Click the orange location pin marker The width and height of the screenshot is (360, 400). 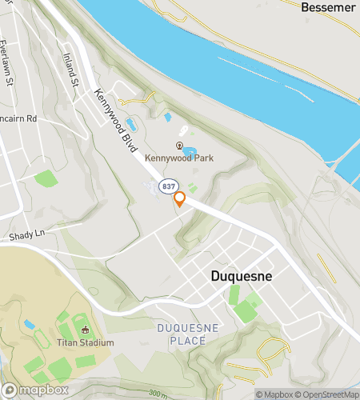pyautogui.click(x=180, y=199)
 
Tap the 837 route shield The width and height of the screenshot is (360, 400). pyautogui.click(x=167, y=186)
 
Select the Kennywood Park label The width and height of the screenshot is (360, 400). pyautogui.click(x=179, y=158)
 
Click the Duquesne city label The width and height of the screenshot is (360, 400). pyautogui.click(x=241, y=276)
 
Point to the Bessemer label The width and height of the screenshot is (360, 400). pyautogui.click(x=327, y=7)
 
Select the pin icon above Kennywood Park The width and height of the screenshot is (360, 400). pyautogui.click(x=179, y=145)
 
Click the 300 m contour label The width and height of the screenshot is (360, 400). pyautogui.click(x=159, y=394)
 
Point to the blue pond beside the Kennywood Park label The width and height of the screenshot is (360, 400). pyautogui.click(x=190, y=150)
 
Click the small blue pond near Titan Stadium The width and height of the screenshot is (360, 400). pyautogui.click(x=30, y=325)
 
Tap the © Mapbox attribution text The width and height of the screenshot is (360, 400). pyautogui.click(x=275, y=394)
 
